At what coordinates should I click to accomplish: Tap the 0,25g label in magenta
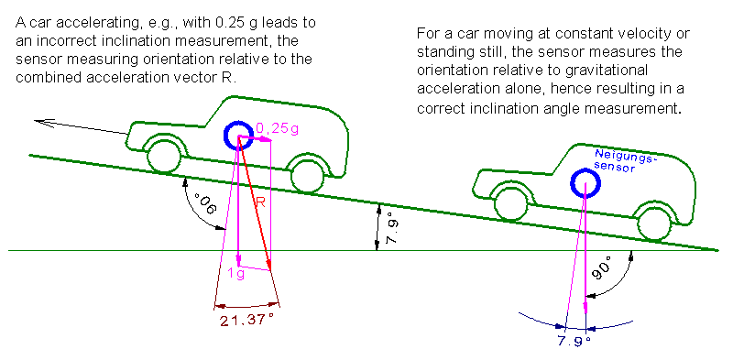(278, 129)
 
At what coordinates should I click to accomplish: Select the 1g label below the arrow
(236, 274)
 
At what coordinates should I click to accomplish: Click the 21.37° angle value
(246, 321)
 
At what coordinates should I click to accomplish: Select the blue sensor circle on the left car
(239, 136)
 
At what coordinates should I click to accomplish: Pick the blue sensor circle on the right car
(585, 182)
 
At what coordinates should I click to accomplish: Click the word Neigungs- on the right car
(626, 158)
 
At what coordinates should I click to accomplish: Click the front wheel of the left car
(164, 156)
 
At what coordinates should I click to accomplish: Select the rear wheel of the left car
(307, 176)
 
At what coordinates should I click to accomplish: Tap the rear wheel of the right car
(654, 224)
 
